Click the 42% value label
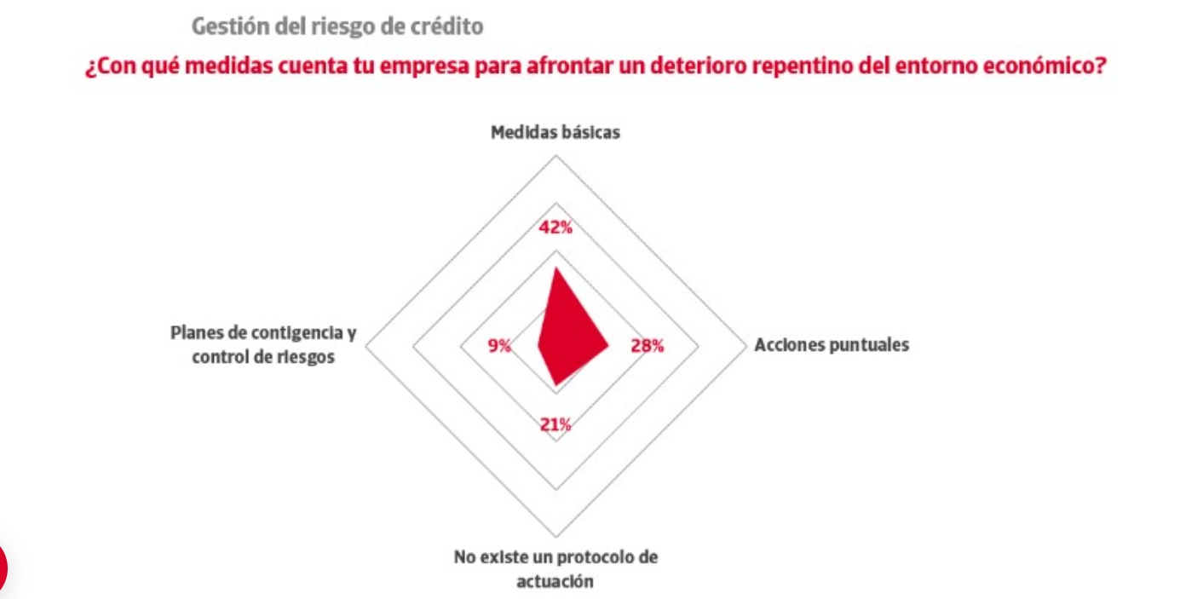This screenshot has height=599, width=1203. pyautogui.click(x=555, y=228)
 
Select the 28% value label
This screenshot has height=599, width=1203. pyautogui.click(x=647, y=346)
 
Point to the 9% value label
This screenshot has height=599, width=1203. pyautogui.click(x=499, y=346)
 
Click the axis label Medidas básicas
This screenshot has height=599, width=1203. pyautogui.click(x=555, y=133)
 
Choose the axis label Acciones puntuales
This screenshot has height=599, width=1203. pyautogui.click(x=832, y=345)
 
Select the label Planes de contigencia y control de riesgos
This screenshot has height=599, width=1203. pyautogui.click(x=263, y=345)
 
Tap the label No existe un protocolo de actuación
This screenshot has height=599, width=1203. pyautogui.click(x=555, y=569)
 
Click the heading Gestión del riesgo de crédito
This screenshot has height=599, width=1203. pyautogui.click(x=337, y=27)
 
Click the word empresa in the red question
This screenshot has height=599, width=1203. pyautogui.click(x=442, y=67)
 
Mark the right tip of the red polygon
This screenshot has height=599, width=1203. pyautogui.click(x=608, y=346)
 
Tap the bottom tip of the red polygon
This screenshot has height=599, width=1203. pyautogui.click(x=555, y=385)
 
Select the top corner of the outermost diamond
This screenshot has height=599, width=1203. pyautogui.click(x=556, y=156)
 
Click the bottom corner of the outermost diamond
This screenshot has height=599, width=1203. pyautogui.click(x=556, y=537)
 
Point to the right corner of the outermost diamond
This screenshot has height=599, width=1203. pyautogui.click(x=746, y=346)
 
